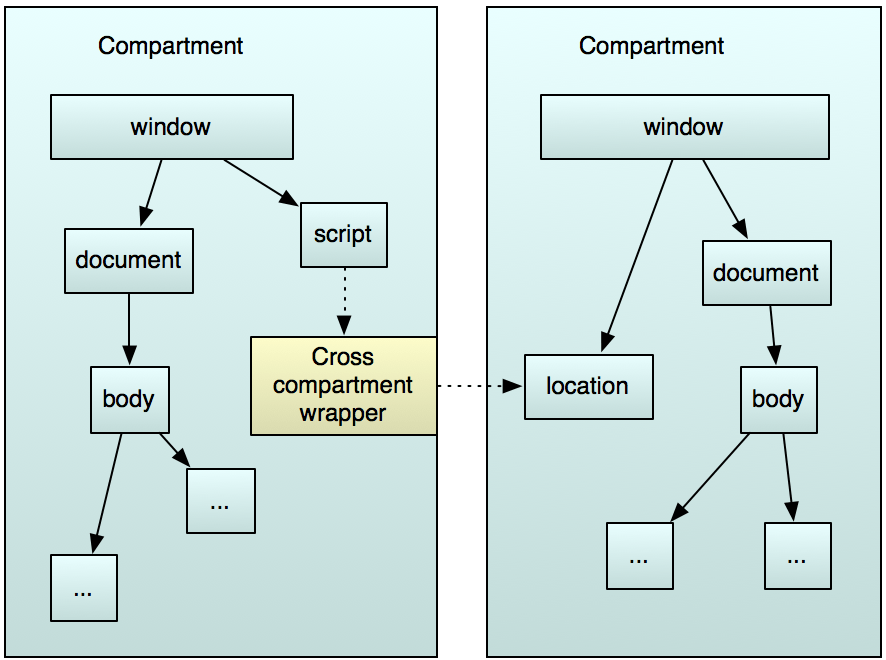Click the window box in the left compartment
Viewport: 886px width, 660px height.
pyautogui.click(x=171, y=127)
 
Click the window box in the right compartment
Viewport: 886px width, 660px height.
pyautogui.click(x=684, y=127)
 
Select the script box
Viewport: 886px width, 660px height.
pyautogui.click(x=343, y=234)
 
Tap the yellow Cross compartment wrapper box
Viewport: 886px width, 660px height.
pyautogui.click(x=343, y=385)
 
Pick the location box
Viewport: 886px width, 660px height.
pyautogui.click(x=588, y=386)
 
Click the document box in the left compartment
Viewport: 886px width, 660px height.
pyautogui.click(x=129, y=260)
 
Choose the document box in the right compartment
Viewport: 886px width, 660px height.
pyautogui.click(x=766, y=273)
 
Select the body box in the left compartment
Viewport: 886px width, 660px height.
pyautogui.click(x=129, y=400)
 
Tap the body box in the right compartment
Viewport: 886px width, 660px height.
pyautogui.click(x=778, y=399)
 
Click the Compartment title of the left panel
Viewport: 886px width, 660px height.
pyautogui.click(x=171, y=45)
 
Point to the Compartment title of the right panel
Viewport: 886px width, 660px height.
pyautogui.click(x=652, y=46)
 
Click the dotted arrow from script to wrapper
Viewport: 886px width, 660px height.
pyautogui.click(x=344, y=300)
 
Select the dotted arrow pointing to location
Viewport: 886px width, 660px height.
pyautogui.click(x=480, y=386)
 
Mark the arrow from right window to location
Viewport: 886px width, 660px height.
pyautogui.click(x=637, y=255)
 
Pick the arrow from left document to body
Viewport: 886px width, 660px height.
pyautogui.click(x=129, y=328)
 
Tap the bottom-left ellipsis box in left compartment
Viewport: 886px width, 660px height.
pyautogui.click(x=84, y=588)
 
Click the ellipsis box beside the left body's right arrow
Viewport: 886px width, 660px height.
pyautogui.click(x=220, y=501)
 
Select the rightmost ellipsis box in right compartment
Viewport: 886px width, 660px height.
pyautogui.click(x=797, y=555)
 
